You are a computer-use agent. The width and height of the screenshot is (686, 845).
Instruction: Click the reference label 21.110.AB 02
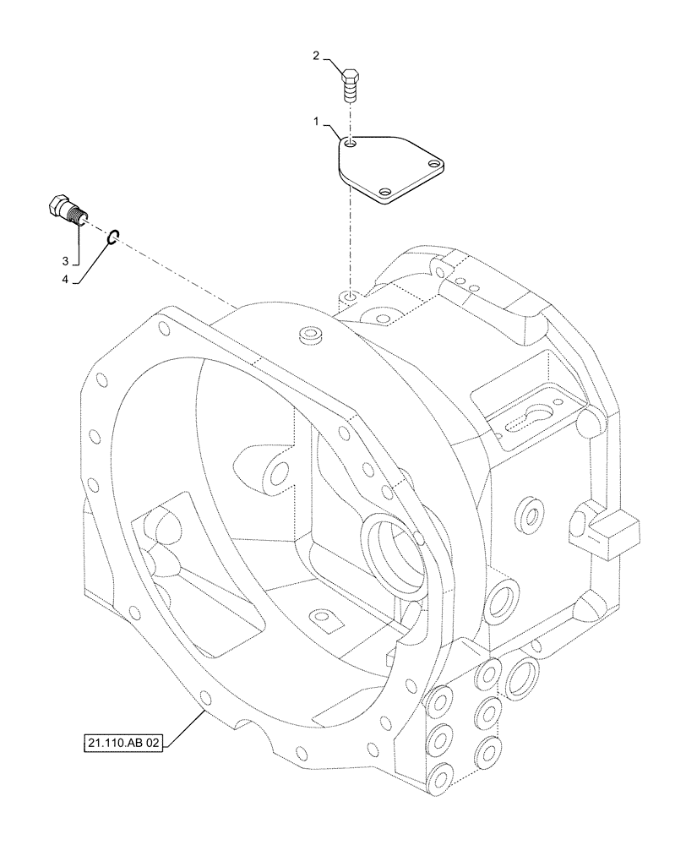pyautogui.click(x=123, y=744)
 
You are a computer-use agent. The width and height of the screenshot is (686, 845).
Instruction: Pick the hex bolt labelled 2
pyautogui.click(x=348, y=84)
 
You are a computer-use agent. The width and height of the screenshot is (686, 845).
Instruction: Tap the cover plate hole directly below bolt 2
pyautogui.click(x=351, y=145)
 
